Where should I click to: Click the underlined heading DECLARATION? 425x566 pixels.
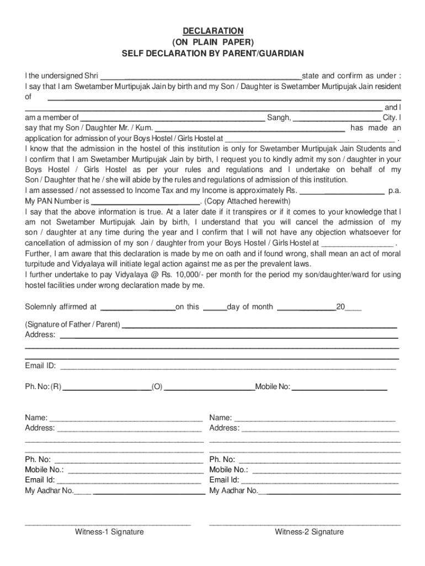click(212, 31)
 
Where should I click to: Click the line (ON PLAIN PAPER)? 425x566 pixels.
click(212, 42)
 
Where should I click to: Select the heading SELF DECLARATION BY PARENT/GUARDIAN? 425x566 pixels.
click(212, 54)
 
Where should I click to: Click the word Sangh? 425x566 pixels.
click(279, 118)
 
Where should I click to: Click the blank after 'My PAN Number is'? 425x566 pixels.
click(146, 201)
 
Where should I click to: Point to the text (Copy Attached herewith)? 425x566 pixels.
click(247, 201)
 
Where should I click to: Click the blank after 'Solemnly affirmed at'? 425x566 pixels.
click(137, 307)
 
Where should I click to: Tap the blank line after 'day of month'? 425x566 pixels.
click(306, 307)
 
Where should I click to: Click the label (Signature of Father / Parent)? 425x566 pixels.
click(73, 324)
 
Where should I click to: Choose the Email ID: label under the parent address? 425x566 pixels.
click(40, 365)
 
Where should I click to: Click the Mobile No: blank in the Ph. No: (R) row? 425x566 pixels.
click(339, 387)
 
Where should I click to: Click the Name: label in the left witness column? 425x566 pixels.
click(36, 418)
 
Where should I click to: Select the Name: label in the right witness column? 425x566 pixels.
click(220, 418)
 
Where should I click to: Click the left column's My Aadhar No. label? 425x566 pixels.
click(49, 490)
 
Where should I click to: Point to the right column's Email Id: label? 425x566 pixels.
click(224, 480)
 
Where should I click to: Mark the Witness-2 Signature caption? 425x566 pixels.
click(310, 532)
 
